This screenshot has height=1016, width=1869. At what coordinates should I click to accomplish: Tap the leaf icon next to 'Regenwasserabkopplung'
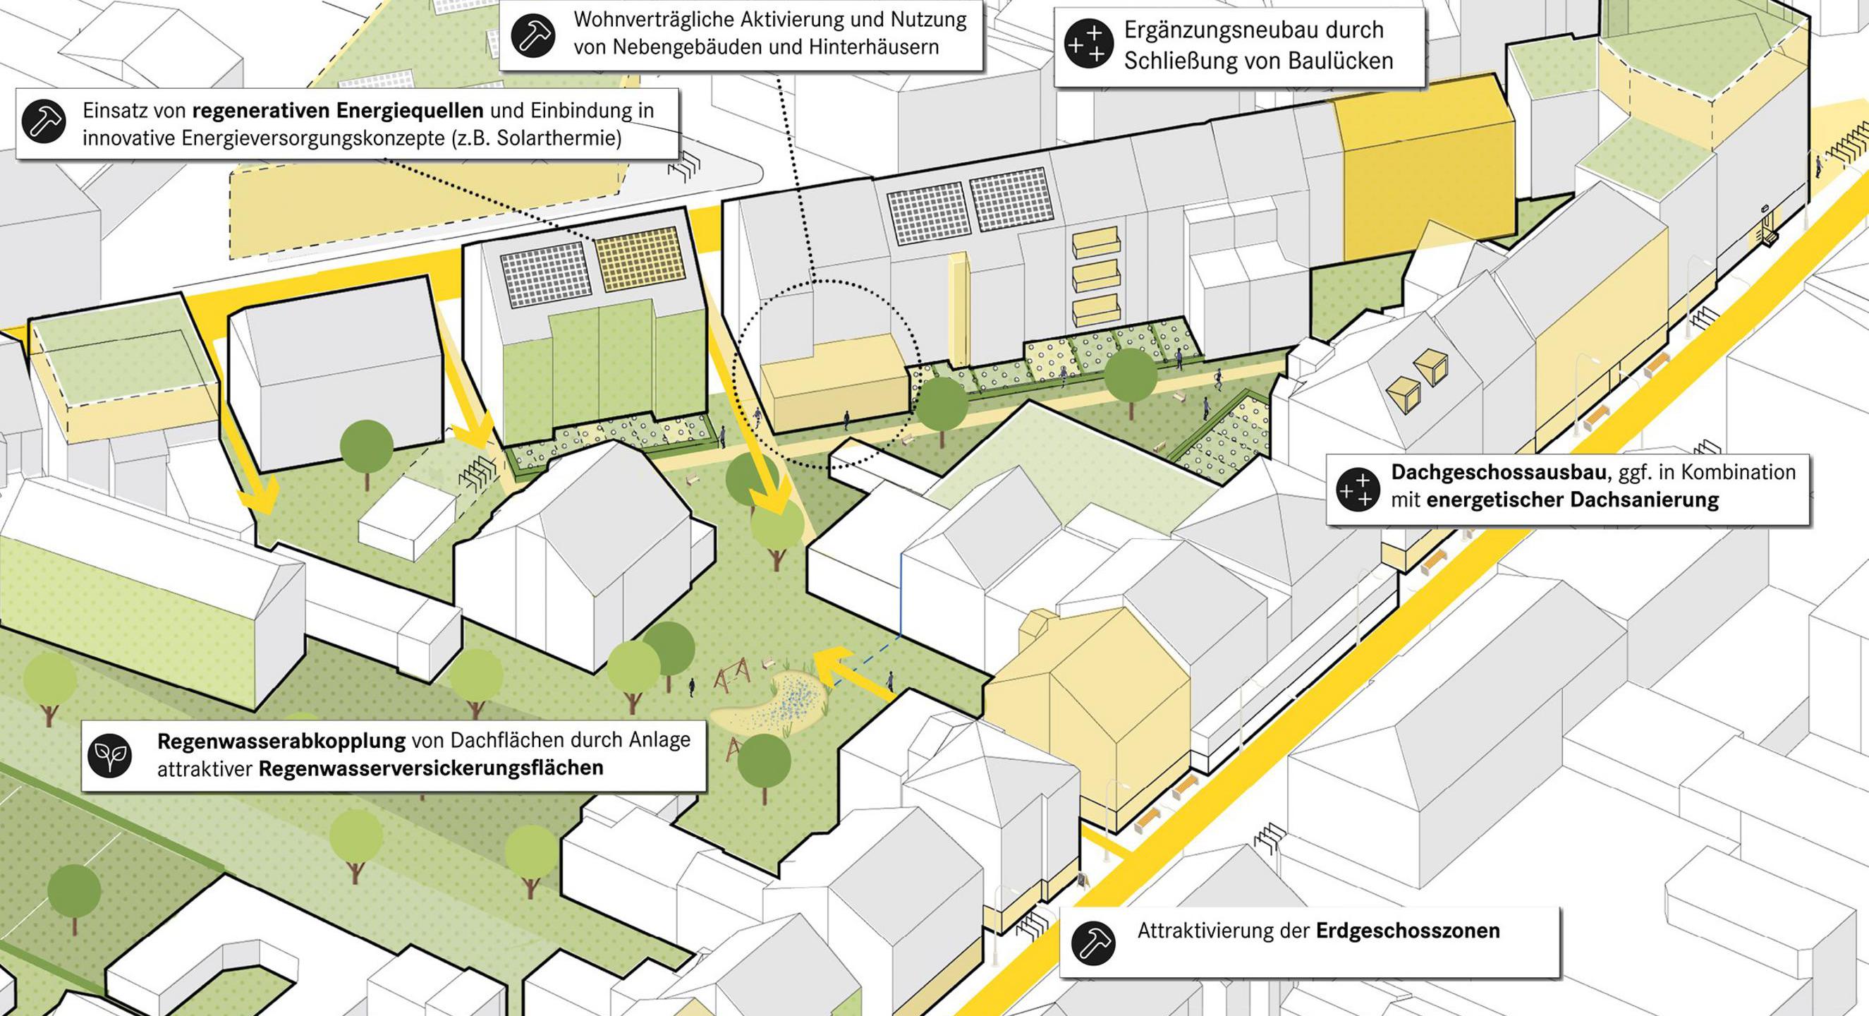click(110, 756)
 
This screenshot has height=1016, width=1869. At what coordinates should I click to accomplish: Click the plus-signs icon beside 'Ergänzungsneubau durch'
click(1086, 44)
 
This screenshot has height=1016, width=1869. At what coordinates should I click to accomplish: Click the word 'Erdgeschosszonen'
click(1408, 931)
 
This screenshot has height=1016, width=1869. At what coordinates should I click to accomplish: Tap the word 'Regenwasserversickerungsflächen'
click(431, 768)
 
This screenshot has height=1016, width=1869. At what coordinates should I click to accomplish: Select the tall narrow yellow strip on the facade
click(958, 308)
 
